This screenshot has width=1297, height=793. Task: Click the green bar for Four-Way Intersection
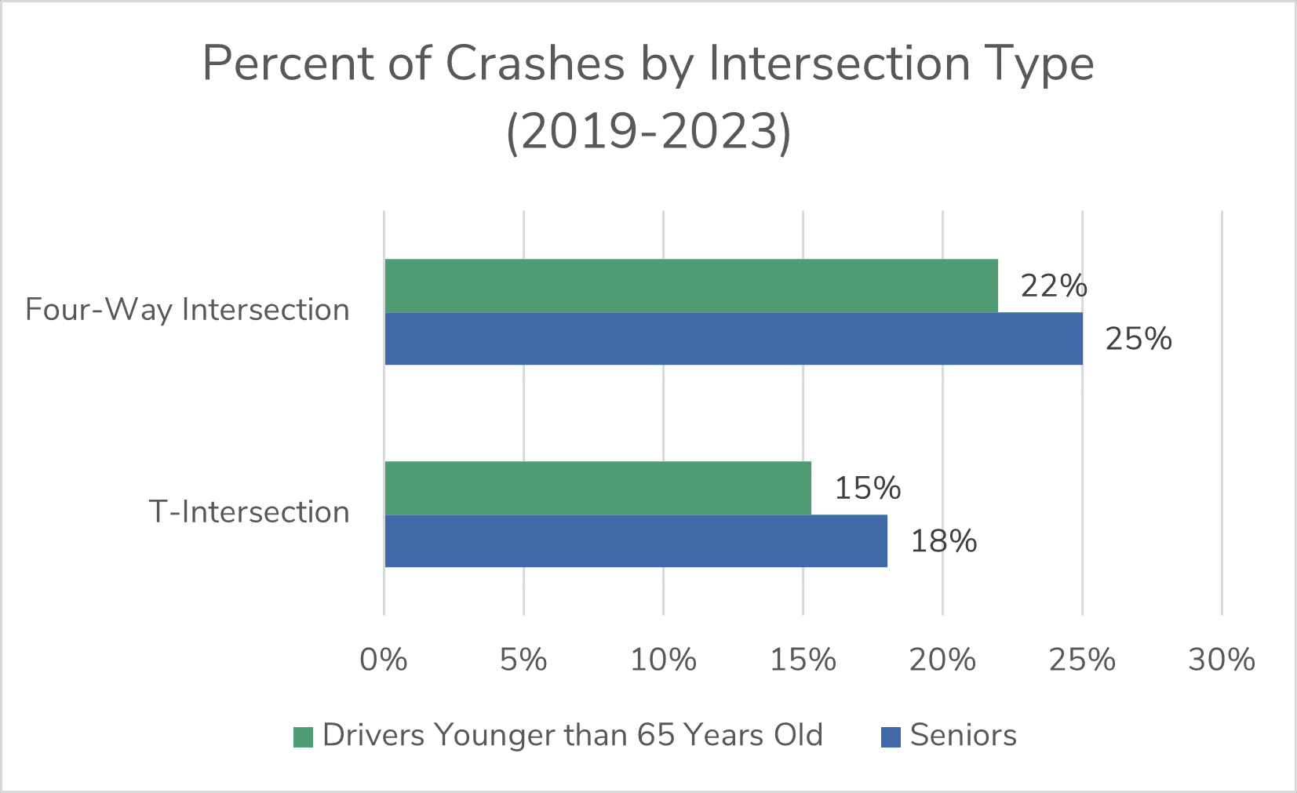click(x=690, y=286)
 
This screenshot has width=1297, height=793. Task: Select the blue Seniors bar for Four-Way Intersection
click(x=733, y=339)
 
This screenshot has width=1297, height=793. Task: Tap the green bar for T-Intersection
click(x=597, y=488)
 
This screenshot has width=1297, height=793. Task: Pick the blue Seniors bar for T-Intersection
click(x=636, y=541)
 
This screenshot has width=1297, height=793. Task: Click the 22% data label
click(x=1054, y=286)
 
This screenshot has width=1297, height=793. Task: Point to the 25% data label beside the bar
click(x=1139, y=339)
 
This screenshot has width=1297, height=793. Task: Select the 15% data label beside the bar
click(x=867, y=489)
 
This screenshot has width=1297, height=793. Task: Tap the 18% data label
click(x=943, y=541)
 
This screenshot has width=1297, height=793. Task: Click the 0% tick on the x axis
click(x=384, y=660)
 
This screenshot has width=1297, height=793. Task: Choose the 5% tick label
click(x=523, y=660)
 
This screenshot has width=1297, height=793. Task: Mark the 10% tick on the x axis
click(x=663, y=660)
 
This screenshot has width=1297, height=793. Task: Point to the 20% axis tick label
click(x=942, y=660)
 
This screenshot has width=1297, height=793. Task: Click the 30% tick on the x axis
click(x=1222, y=660)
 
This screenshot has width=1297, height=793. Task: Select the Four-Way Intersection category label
click(x=187, y=310)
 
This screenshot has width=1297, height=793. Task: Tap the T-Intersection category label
click(x=249, y=512)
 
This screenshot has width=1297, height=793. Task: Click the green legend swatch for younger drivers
click(x=303, y=737)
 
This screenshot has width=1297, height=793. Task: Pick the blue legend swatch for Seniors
click(x=891, y=737)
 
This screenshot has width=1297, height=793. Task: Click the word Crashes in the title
click(x=535, y=64)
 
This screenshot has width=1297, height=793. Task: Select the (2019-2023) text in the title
click(x=649, y=132)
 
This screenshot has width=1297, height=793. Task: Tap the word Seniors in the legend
click(x=963, y=736)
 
